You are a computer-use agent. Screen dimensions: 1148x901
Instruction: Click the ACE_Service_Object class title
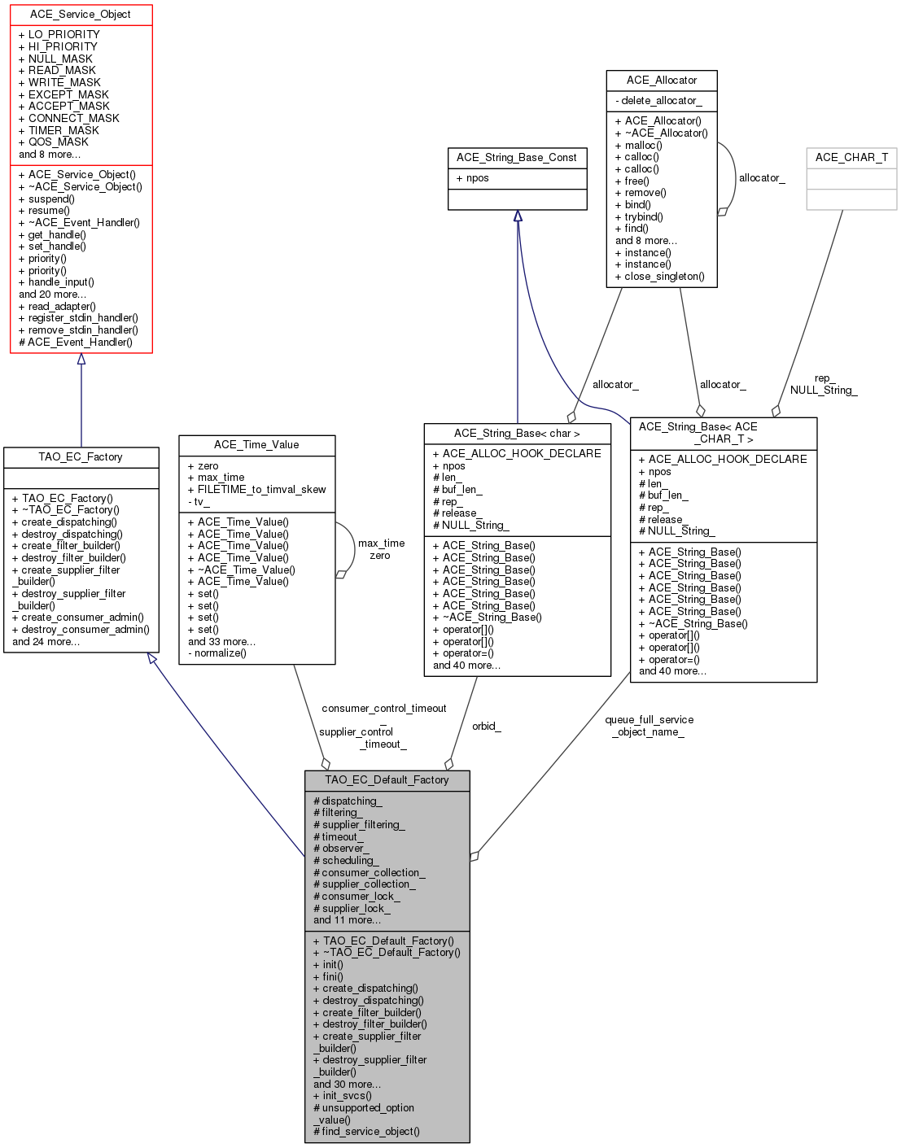(80, 15)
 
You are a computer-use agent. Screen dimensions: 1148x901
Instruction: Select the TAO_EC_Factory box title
(81, 457)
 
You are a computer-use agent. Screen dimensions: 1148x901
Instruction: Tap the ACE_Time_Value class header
(256, 445)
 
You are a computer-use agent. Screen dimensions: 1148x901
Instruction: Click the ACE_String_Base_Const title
(517, 158)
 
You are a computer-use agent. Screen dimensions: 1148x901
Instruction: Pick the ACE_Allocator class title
(662, 81)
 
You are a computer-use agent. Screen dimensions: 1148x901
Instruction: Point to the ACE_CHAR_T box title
(851, 158)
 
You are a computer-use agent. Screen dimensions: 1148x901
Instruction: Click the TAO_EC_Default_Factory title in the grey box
(387, 780)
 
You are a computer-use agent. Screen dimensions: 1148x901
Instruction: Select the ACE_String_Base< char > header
(517, 434)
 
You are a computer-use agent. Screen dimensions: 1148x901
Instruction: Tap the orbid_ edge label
(487, 727)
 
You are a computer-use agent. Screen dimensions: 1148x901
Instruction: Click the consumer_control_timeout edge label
(384, 709)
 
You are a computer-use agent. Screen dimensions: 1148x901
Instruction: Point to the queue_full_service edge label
(649, 720)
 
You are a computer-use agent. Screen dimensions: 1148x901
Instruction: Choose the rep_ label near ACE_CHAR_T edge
(824, 378)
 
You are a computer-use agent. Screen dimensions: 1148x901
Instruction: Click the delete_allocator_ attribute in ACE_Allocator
(662, 101)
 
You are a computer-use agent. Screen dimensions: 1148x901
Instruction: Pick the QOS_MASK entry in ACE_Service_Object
(59, 142)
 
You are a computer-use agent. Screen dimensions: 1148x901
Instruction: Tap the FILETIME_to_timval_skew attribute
(261, 490)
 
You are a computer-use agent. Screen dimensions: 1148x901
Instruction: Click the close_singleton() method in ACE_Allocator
(664, 277)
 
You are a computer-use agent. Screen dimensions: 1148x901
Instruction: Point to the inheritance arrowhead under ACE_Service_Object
(81, 359)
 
